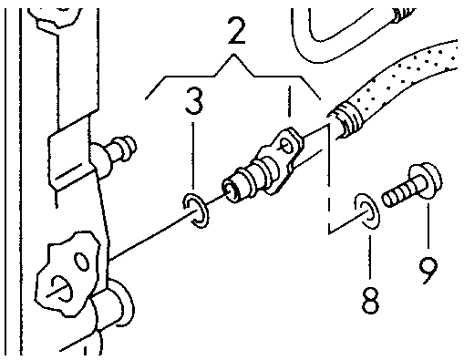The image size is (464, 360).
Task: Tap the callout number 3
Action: point(194,100)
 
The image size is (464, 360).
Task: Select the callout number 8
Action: point(370,300)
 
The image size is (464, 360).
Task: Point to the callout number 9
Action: point(428,270)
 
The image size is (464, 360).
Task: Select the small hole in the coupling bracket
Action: point(287,146)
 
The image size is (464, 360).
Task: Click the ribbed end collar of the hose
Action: point(345,120)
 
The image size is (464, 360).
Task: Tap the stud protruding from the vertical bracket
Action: point(118,152)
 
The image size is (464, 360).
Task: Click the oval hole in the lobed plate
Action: point(82,262)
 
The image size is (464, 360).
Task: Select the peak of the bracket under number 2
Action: point(233,55)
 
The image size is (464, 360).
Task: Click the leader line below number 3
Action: point(192,157)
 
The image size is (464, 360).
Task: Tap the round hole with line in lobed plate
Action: point(62,288)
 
